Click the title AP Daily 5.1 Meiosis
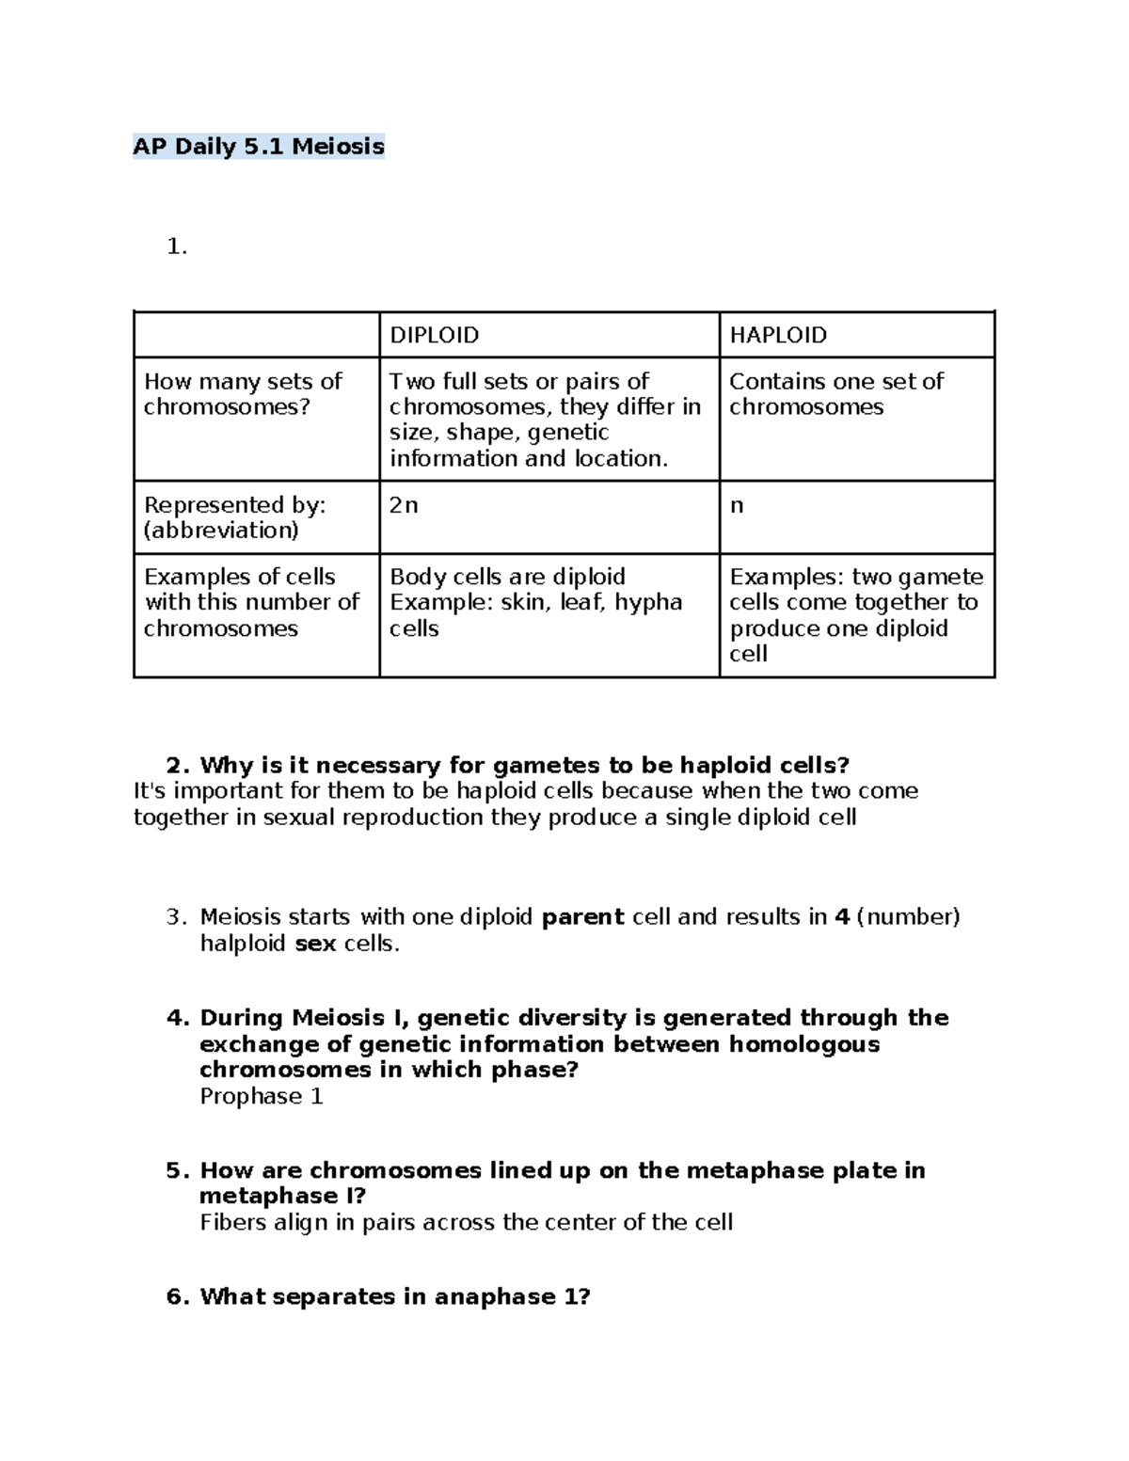[259, 147]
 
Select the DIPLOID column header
[434, 335]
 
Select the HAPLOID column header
[778, 335]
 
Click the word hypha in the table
[648, 602]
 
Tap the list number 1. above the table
[176, 247]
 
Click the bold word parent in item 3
[583, 917]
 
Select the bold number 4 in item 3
[842, 917]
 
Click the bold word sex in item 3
[315, 944]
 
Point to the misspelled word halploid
[243, 944]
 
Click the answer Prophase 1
[262, 1097]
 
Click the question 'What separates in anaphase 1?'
[394, 1297]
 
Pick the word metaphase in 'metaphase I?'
[263, 1197]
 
